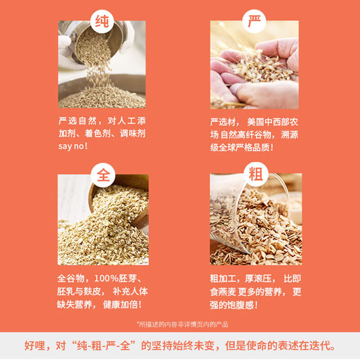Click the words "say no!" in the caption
[73, 147]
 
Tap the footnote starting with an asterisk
[182, 324]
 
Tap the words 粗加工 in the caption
[227, 279]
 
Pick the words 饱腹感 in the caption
[241, 305]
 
